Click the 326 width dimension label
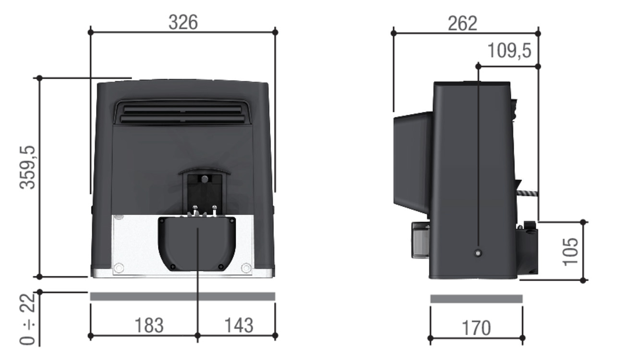(183, 22)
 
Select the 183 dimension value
(148, 325)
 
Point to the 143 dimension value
(239, 325)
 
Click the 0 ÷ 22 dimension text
(28, 319)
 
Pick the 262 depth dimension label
(463, 23)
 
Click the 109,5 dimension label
(509, 50)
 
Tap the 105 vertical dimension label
(570, 251)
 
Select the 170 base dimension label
(476, 328)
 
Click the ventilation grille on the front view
(182, 113)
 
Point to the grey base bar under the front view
(182, 296)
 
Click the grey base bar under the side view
(476, 299)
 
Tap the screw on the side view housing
(478, 253)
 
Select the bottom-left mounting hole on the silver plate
(119, 268)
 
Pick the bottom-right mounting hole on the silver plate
(246, 268)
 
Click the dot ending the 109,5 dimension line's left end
(478, 65)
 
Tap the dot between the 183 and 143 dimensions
(197, 336)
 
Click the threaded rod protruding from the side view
(527, 193)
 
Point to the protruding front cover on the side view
(412, 161)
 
